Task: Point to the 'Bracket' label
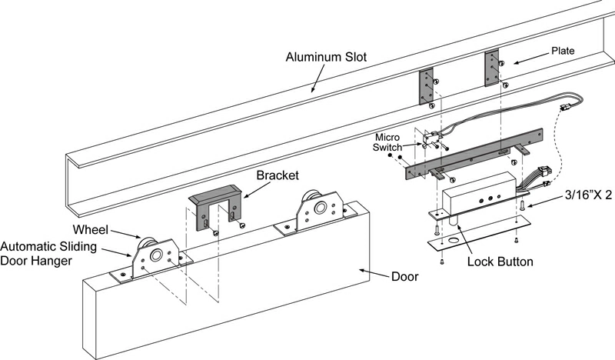tap(277, 175)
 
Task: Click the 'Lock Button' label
tap(500, 262)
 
